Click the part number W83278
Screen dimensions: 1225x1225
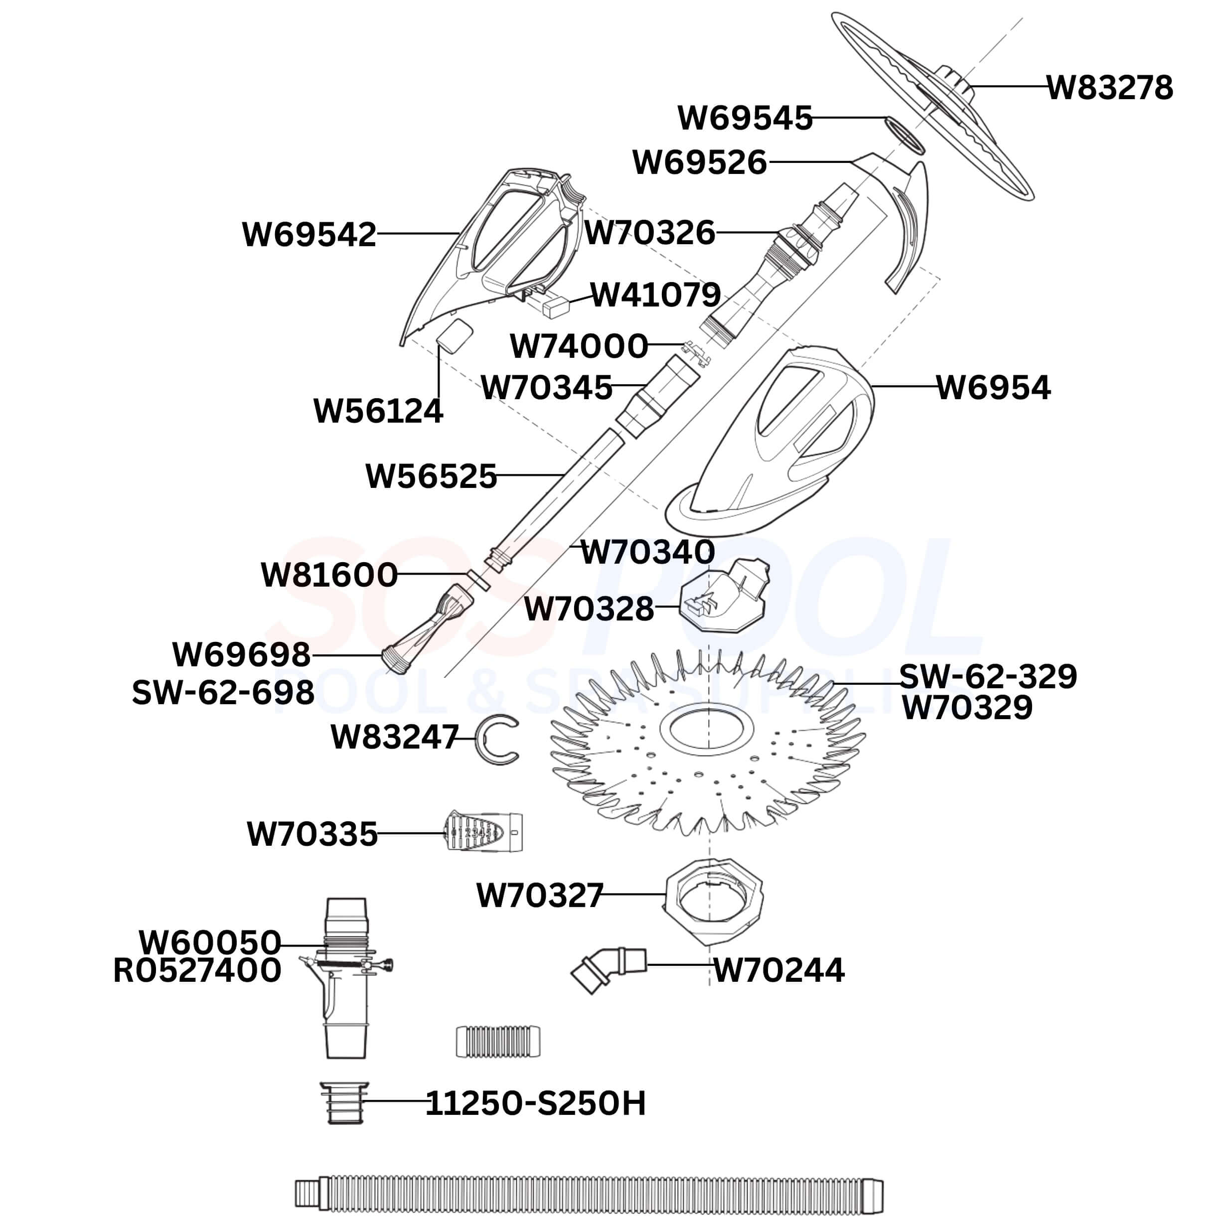pos(1109,88)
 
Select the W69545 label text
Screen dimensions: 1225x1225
pos(745,118)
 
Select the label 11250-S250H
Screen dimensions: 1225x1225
pos(535,1104)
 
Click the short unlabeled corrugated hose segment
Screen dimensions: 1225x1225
pos(498,1042)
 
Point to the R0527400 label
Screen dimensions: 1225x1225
pos(197,971)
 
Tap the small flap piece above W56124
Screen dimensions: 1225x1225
pos(455,333)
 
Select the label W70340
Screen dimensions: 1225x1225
pos(647,552)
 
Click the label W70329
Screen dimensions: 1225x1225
pos(967,708)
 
